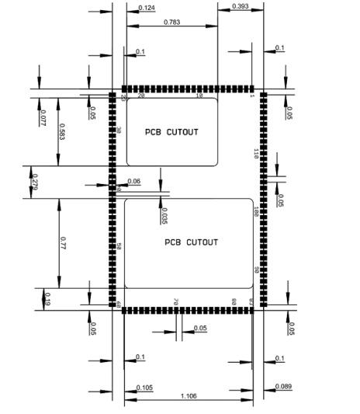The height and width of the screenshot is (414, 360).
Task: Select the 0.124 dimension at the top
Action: (x=146, y=8)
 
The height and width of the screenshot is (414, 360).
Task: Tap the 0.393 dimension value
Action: (x=240, y=6)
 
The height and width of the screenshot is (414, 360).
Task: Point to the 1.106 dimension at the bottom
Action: (x=189, y=397)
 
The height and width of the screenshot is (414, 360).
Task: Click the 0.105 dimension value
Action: (x=144, y=387)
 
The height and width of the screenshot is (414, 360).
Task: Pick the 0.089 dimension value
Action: (x=283, y=386)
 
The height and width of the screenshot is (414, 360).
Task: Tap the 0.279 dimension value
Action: (x=34, y=183)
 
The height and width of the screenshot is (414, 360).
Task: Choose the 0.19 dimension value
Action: (x=47, y=298)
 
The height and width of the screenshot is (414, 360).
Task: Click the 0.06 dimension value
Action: (x=134, y=181)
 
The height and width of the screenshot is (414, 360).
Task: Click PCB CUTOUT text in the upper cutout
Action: (x=171, y=132)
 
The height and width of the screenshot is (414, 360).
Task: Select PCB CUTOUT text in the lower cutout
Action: (x=191, y=242)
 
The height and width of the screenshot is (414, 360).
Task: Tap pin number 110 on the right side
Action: (x=255, y=153)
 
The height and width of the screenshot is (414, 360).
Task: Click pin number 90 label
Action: (x=255, y=270)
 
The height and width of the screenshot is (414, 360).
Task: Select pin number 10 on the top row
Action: (x=199, y=96)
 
